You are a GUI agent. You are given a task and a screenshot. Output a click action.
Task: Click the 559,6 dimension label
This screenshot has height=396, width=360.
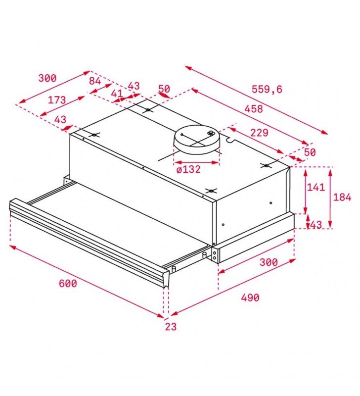coord(267,89)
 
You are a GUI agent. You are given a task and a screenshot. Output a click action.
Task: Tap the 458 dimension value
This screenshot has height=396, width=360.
coord(254,108)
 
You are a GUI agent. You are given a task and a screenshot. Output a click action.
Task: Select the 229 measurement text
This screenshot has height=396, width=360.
coord(259,133)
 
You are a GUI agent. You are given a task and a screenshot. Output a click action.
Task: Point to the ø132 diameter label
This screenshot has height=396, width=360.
coord(188,169)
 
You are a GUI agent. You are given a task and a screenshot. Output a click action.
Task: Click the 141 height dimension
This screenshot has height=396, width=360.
coord(315,187)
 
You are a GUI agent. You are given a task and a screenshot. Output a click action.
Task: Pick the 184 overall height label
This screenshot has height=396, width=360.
coord(342,197)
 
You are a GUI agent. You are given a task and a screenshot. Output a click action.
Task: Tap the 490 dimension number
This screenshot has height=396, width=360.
coord(250,297)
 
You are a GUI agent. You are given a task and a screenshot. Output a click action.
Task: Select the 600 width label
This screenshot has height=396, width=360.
coord(68,283)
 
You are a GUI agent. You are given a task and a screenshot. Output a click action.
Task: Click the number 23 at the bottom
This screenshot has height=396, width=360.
coord(171,327)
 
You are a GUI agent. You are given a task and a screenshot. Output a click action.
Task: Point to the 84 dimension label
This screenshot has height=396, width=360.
coord(95,81)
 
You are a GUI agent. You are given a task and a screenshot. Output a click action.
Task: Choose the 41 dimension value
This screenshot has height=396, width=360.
coord(117,94)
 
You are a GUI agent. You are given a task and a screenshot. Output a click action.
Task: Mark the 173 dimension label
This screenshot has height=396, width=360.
coord(57,100)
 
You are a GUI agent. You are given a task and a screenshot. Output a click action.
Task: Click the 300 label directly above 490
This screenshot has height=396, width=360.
coord(269,262)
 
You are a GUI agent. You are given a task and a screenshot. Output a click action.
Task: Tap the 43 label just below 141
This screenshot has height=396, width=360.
coord(316,225)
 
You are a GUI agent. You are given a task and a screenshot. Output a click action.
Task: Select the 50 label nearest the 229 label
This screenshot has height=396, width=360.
coord(310,152)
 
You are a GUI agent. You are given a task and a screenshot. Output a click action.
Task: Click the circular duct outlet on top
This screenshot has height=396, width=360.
coord(196,140)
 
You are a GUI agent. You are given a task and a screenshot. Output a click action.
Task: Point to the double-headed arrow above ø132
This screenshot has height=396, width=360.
coord(196,162)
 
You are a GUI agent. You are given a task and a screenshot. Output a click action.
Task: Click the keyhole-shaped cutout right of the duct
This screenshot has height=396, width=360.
coord(229,140)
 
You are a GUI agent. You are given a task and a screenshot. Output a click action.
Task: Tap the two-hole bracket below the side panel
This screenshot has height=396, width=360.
coord(214,255)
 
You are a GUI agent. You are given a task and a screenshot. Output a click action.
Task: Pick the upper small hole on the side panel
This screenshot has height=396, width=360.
coord(270,203)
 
